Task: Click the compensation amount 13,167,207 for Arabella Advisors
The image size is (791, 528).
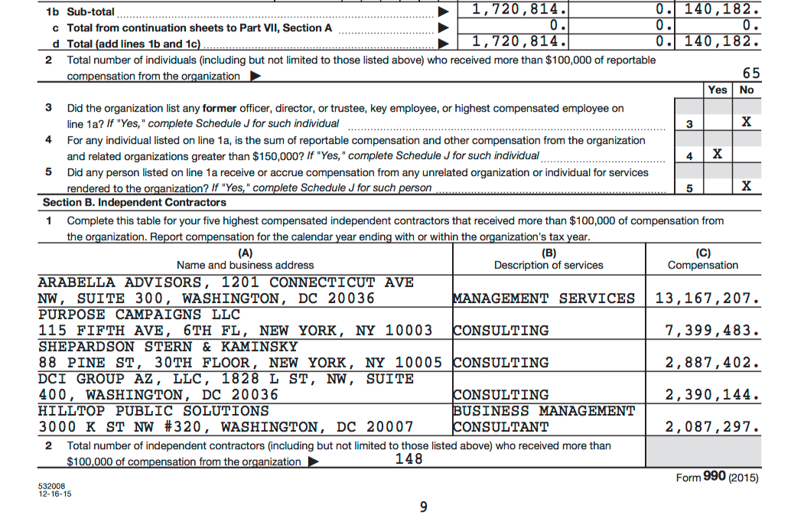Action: point(707,298)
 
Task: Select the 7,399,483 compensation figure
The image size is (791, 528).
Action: point(713,331)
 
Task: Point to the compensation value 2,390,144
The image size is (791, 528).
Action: point(713,395)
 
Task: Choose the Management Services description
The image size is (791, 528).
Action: point(544,298)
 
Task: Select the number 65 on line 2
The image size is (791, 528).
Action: point(751,73)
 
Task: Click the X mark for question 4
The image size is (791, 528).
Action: point(717,155)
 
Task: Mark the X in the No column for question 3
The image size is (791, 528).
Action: point(747,122)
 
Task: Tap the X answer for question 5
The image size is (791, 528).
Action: point(747,187)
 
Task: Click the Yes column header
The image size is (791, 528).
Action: point(718,90)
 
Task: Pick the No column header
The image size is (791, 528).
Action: point(747,90)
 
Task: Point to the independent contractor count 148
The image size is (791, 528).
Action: point(409,458)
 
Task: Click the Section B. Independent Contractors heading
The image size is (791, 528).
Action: point(135,203)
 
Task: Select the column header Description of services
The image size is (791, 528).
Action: point(548,266)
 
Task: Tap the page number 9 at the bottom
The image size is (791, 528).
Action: point(424,507)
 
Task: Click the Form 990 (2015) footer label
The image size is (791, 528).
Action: point(717,477)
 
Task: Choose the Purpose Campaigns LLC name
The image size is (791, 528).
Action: point(139,315)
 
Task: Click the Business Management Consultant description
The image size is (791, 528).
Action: point(544,419)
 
